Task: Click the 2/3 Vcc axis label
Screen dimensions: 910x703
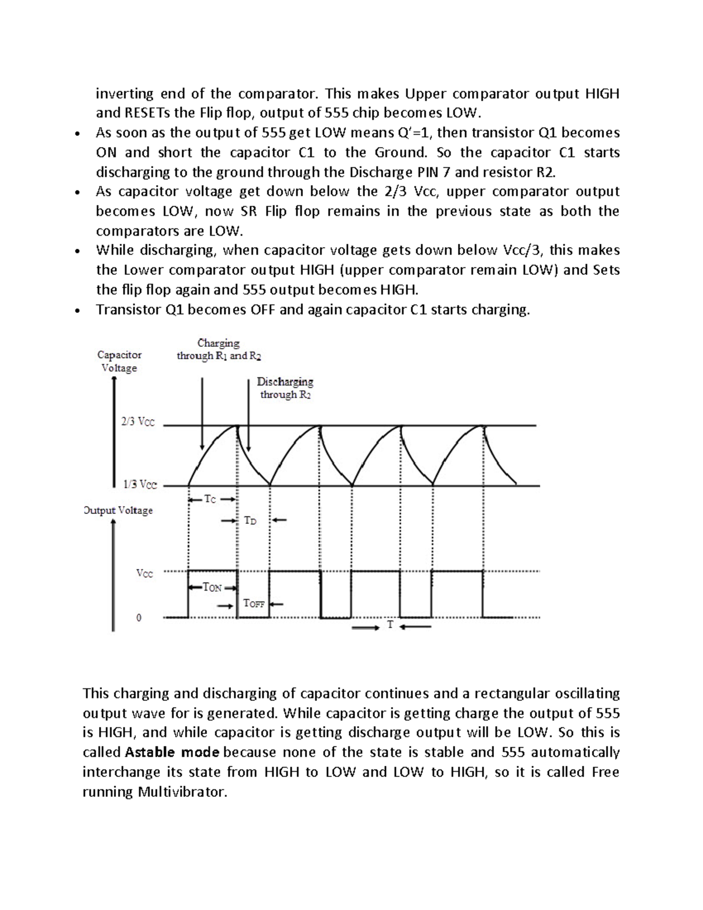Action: click(138, 422)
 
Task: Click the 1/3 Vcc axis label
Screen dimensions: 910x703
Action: click(139, 485)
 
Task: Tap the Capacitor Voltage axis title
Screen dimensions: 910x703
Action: click(120, 362)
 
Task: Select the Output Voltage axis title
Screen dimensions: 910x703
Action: click(118, 510)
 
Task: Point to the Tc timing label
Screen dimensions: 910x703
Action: click(210, 499)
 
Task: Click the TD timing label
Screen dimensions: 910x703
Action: click(250, 520)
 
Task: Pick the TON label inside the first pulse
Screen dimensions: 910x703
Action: click(212, 587)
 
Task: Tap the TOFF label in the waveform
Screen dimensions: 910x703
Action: click(254, 603)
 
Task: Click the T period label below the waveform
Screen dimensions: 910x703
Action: click(390, 625)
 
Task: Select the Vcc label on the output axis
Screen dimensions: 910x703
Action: click(145, 574)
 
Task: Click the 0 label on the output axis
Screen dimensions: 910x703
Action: click(139, 618)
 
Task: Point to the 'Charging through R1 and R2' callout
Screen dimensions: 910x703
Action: click(219, 350)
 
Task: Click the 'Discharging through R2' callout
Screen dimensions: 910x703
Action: click(285, 388)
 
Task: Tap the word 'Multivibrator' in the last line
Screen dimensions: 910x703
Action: click(181, 792)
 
